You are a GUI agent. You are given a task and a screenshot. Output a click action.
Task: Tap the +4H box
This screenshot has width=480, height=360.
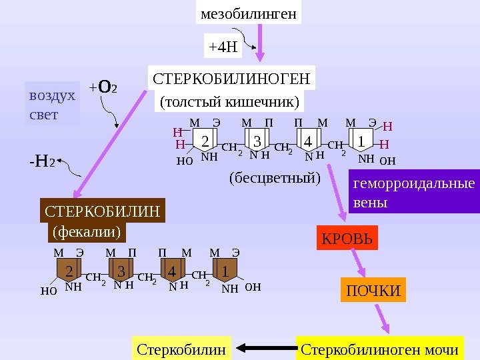pyautogui.click(x=223, y=47)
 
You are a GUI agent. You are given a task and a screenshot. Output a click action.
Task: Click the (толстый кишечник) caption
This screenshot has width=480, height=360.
pyautogui.click(x=230, y=102)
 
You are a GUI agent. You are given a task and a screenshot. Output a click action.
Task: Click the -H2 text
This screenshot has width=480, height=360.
pyautogui.click(x=41, y=161)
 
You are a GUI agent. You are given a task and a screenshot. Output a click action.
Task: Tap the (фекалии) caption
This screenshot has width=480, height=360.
pyautogui.click(x=86, y=232)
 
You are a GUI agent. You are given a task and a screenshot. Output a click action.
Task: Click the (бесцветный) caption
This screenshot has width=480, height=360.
pyautogui.click(x=275, y=179)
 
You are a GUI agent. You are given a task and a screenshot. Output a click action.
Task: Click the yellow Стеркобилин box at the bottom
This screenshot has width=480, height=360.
pyautogui.click(x=181, y=349)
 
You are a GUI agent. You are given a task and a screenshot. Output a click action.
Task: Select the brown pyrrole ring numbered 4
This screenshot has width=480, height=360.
pyautogui.click(x=172, y=272)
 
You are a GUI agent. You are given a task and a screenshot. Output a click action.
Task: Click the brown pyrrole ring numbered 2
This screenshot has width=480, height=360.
pyautogui.click(x=69, y=272)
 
